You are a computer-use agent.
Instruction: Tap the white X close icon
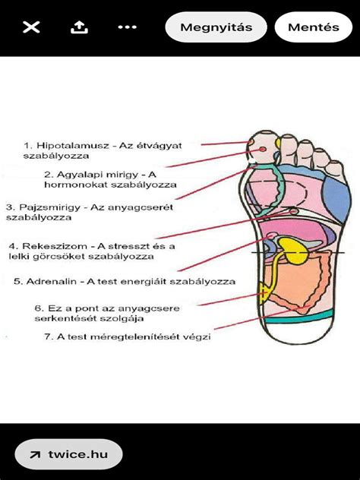pyautogui.click(x=31, y=27)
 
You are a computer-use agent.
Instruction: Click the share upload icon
pyautogui.click(x=79, y=27)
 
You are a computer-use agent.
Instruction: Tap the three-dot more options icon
pyautogui.click(x=128, y=27)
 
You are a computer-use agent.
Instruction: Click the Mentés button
pyautogui.click(x=314, y=27)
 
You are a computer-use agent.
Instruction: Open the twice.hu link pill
pyautogui.click(x=69, y=454)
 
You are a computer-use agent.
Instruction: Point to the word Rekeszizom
pyautogui.click(x=55, y=246)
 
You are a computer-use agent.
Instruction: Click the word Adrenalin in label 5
pyautogui.click(x=51, y=282)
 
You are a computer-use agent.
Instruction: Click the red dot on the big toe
pyautogui.click(x=262, y=149)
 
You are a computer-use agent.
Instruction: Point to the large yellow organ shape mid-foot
pyautogui.click(x=294, y=250)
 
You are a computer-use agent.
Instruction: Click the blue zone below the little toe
pyautogui.click(x=337, y=198)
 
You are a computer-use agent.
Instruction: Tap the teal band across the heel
pyautogui.click(x=298, y=317)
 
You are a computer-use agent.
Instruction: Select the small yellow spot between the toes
pyautogui.click(x=278, y=144)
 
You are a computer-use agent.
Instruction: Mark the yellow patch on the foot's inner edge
pyautogui.click(x=264, y=293)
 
